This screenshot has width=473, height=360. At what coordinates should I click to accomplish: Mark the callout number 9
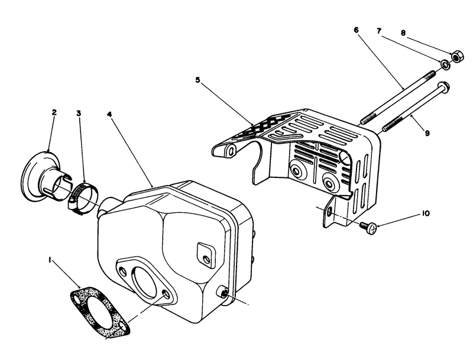pyautogui.click(x=426, y=134)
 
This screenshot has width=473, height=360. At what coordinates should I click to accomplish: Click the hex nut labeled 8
pyautogui.click(x=456, y=57)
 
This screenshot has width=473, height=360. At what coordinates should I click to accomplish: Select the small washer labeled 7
pyautogui.click(x=443, y=63)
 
